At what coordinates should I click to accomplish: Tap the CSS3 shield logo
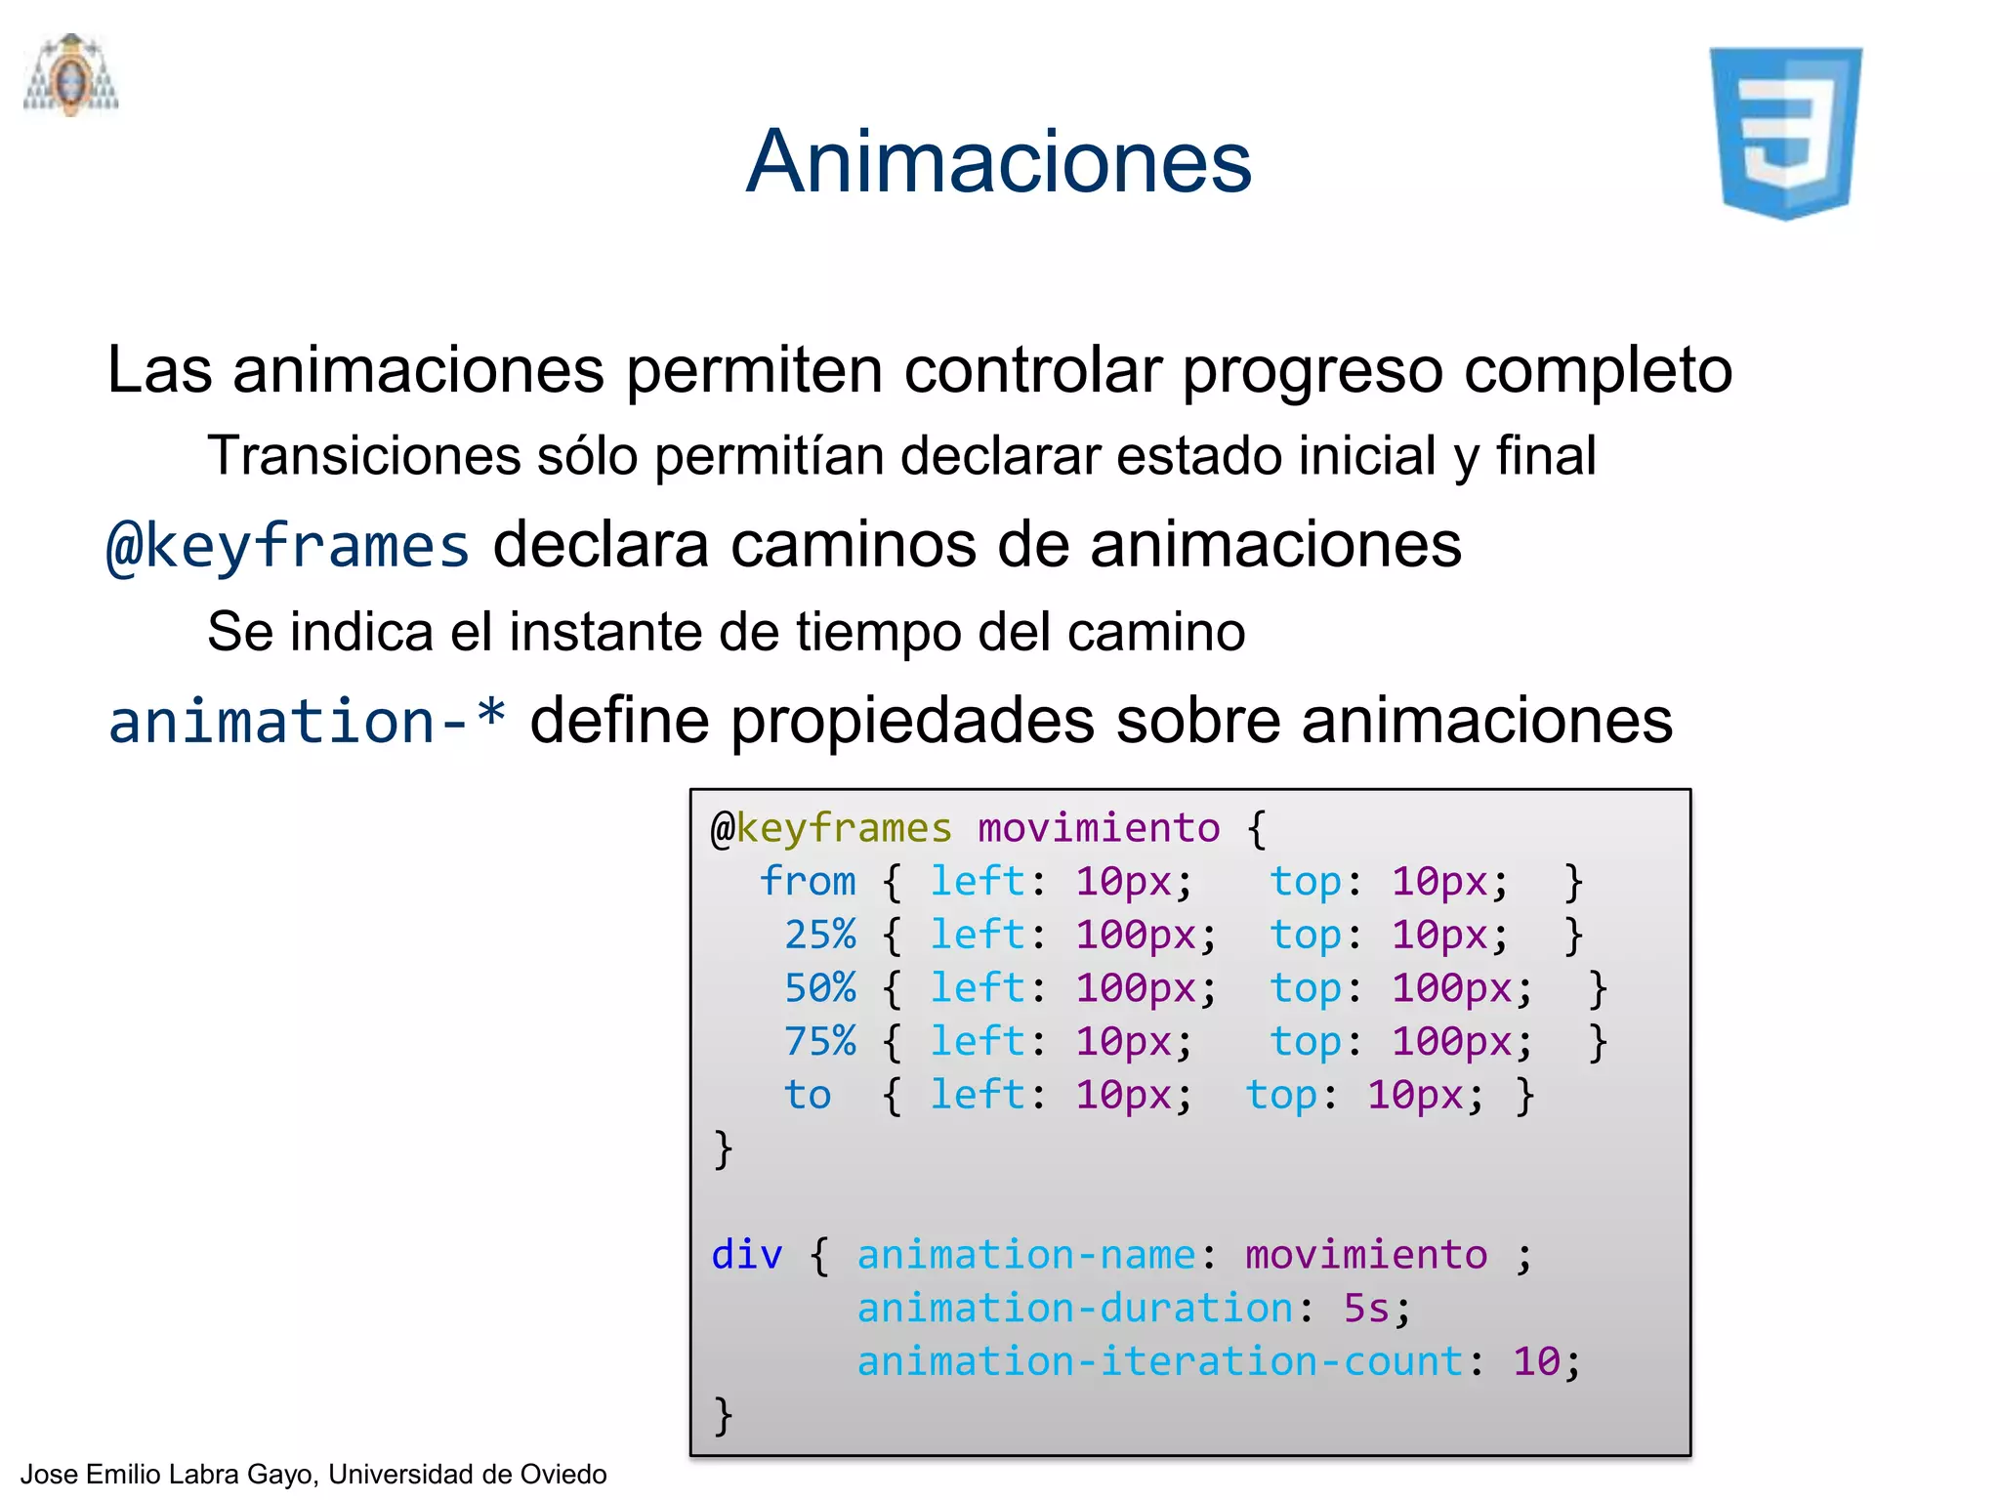(x=1785, y=133)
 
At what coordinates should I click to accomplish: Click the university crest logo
(x=71, y=75)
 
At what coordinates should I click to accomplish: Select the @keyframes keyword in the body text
(x=288, y=546)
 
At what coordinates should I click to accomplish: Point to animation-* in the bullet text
(x=307, y=722)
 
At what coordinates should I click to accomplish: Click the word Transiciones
(x=364, y=456)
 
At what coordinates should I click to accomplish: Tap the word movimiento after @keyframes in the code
(x=1099, y=828)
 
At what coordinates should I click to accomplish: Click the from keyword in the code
(x=808, y=881)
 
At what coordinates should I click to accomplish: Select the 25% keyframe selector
(x=819, y=935)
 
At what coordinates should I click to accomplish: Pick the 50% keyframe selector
(x=819, y=988)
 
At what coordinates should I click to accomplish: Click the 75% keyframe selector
(x=819, y=1041)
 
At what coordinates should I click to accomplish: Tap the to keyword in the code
(x=808, y=1095)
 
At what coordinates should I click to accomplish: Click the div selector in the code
(x=746, y=1255)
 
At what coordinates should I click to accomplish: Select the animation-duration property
(x=1075, y=1309)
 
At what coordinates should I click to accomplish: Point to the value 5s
(x=1366, y=1309)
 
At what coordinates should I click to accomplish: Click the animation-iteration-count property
(x=1160, y=1361)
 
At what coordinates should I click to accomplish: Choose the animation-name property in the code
(x=1026, y=1255)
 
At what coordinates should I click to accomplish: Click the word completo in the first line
(x=1598, y=370)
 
